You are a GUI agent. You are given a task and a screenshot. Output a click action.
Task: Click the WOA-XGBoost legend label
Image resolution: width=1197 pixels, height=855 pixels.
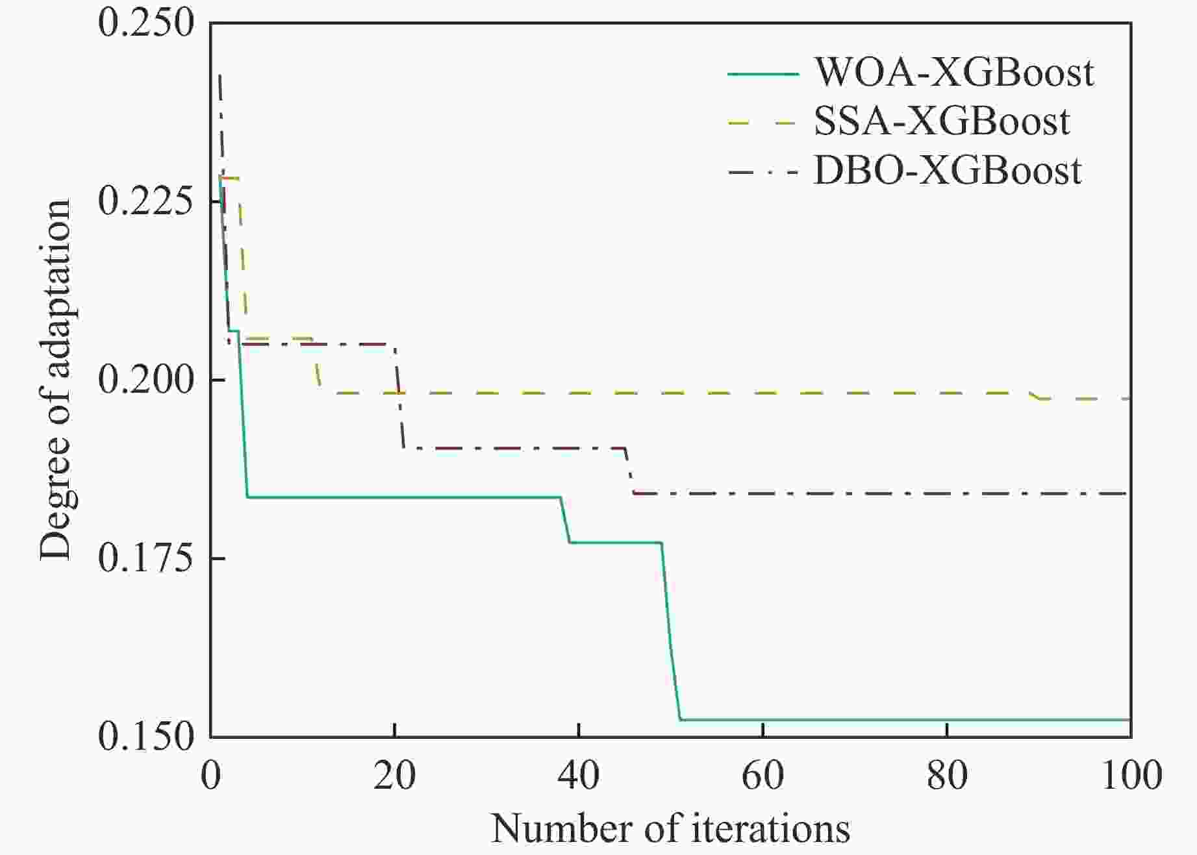click(x=954, y=73)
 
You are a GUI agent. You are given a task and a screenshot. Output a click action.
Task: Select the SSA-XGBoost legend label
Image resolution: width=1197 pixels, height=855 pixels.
click(x=942, y=121)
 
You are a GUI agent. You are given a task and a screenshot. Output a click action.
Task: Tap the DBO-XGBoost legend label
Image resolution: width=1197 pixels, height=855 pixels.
click(x=948, y=171)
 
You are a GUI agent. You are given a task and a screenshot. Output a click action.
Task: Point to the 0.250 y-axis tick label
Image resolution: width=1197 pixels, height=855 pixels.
click(x=146, y=24)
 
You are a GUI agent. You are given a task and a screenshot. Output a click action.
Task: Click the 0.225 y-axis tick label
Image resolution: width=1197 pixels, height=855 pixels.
click(x=146, y=202)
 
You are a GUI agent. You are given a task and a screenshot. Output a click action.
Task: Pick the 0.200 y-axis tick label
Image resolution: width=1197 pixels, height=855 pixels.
click(x=146, y=380)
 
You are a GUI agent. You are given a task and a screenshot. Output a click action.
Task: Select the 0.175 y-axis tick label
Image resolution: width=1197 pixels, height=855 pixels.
click(x=146, y=559)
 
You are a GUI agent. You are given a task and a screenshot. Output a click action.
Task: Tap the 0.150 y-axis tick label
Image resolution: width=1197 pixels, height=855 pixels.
click(x=146, y=737)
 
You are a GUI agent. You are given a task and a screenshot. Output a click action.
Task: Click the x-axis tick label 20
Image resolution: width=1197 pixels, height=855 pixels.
click(x=394, y=775)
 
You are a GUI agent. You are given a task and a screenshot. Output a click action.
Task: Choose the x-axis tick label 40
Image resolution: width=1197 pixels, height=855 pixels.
click(x=579, y=775)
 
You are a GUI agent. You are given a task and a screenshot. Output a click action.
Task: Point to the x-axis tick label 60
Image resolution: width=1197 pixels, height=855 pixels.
click(x=762, y=775)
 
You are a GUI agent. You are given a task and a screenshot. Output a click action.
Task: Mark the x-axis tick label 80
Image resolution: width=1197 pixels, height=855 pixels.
click(x=947, y=775)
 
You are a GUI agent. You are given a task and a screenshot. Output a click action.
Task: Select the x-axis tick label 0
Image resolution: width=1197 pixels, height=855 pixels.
click(x=211, y=775)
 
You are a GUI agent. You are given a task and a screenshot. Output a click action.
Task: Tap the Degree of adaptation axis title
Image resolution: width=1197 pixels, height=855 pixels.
click(x=55, y=380)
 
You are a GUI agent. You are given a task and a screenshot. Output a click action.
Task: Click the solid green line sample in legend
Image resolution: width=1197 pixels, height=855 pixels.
click(x=762, y=74)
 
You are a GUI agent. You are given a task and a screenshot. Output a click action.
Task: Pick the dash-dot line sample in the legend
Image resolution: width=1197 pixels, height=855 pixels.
click(x=762, y=173)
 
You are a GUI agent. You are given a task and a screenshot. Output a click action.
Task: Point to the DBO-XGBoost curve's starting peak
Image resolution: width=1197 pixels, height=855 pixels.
click(x=220, y=76)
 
